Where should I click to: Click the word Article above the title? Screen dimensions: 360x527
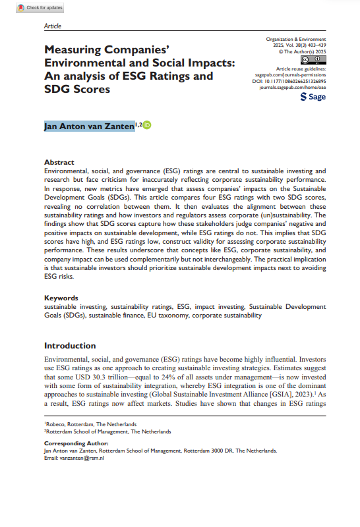point(52,26)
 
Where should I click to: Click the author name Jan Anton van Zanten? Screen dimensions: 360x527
point(89,126)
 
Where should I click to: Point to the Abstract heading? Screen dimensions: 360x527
point(59,162)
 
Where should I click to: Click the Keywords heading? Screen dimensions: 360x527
point(61,298)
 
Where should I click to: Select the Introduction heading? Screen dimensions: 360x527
point(70,346)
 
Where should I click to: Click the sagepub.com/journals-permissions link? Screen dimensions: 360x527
point(290,74)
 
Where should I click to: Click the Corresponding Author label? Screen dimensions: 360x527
point(73,444)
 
